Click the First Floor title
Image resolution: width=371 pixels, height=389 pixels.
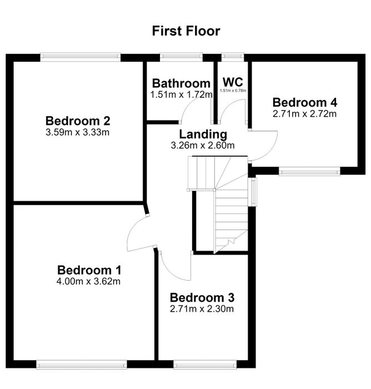186,31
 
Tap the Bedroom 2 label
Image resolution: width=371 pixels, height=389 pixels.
78,121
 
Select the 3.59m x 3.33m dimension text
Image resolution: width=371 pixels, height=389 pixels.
77,132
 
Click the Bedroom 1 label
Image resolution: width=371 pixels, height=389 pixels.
89,270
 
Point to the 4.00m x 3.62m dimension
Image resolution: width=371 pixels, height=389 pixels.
88,281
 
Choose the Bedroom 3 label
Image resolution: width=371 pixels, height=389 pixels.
202,298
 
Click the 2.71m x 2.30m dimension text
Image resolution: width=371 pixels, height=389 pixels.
202,309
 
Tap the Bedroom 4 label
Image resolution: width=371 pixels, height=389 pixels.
305,102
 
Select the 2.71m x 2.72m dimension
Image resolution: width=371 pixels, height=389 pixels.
304,113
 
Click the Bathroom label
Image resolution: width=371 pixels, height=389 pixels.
181,83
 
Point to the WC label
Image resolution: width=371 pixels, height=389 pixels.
233,82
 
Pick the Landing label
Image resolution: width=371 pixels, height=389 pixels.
203,134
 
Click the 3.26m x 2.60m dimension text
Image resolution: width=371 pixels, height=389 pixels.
203,145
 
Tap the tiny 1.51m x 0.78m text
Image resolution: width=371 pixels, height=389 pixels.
233,91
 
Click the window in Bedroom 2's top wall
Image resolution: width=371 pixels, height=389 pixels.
81,57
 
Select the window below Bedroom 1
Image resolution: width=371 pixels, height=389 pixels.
82,365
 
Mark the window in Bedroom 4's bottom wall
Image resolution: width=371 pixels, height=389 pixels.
309,171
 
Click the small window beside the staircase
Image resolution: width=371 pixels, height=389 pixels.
254,192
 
